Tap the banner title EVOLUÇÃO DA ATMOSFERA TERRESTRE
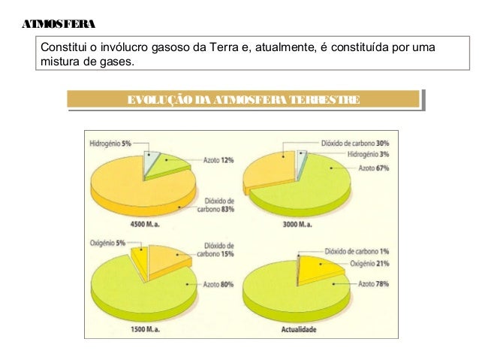(x=243, y=99)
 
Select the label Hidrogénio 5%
(x=110, y=143)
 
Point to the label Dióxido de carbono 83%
(x=219, y=205)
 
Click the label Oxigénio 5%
(x=110, y=243)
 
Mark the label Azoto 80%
(x=218, y=284)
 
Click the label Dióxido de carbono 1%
(x=357, y=252)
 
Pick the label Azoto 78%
(x=373, y=284)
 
